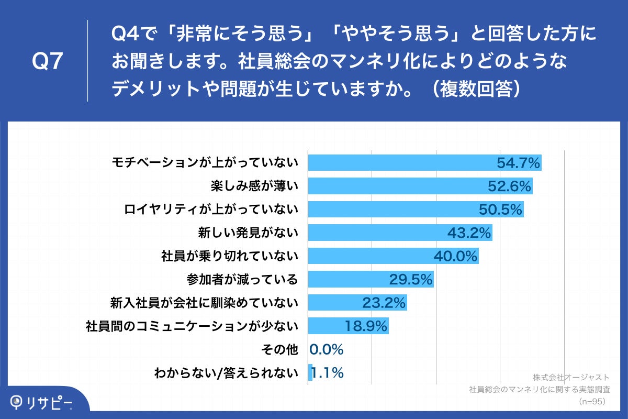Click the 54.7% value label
[518, 163]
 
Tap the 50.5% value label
[501, 210]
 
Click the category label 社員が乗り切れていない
[230, 256]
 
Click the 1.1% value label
[328, 373]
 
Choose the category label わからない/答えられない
[226, 373]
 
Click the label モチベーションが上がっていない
[205, 163]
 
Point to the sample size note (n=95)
[591, 401]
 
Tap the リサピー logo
[42, 402]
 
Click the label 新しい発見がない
[248, 233]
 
